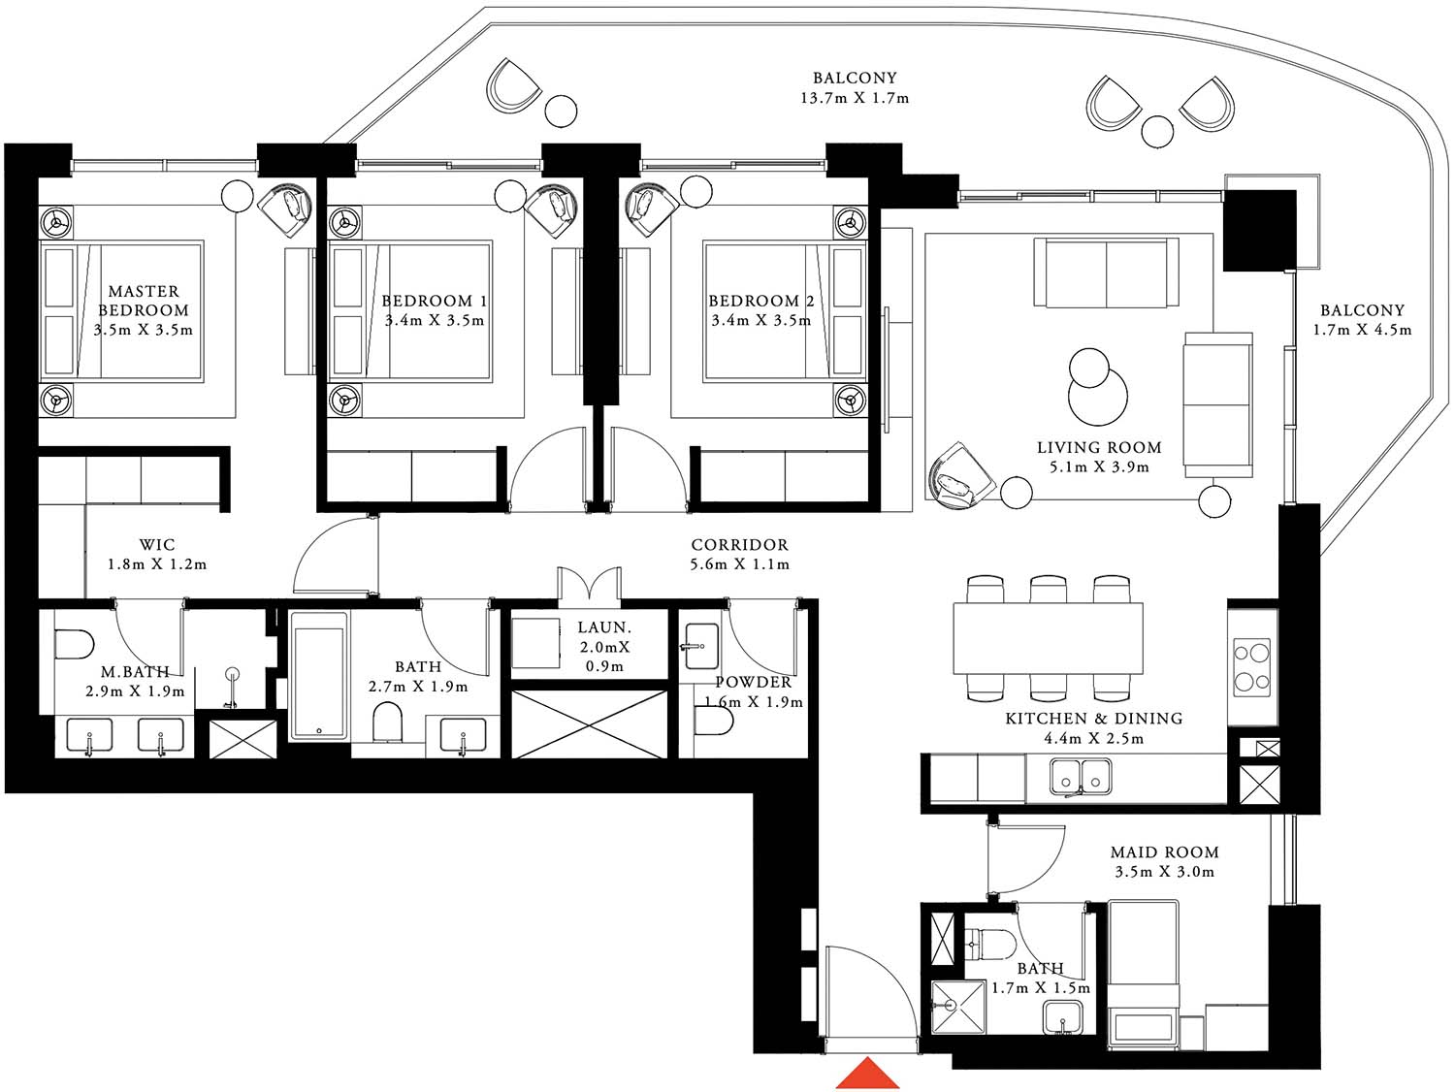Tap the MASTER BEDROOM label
144,301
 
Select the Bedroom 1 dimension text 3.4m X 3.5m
434,321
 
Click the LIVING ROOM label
1098,448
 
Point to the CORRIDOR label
739,545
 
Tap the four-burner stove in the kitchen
1251,668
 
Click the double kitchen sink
1081,776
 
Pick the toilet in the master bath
74,643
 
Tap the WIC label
156,545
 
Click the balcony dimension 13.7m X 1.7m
855,98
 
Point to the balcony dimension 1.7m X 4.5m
1362,330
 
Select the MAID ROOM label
1164,852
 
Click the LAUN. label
603,628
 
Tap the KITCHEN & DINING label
1093,719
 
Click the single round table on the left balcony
560,110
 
